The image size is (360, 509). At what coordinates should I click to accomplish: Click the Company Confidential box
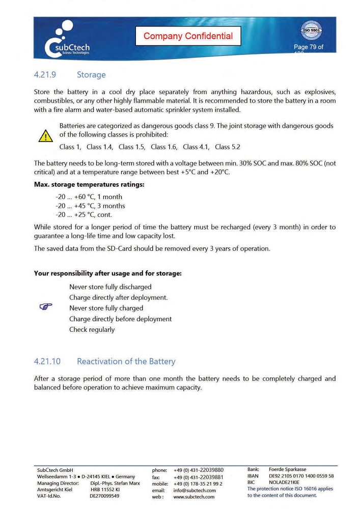188,36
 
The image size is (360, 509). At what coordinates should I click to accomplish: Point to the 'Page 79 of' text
308,47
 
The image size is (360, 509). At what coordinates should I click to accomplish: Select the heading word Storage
91,75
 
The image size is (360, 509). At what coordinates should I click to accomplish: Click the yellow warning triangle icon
46,135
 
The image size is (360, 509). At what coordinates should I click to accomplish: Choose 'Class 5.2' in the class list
228,147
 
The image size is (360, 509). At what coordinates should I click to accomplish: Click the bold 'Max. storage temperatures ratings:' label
89,184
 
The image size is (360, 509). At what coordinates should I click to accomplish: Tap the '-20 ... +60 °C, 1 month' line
89,197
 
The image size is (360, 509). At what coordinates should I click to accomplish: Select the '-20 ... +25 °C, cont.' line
84,215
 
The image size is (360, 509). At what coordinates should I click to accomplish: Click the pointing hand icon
46,307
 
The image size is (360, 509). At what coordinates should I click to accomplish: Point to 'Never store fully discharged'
110,287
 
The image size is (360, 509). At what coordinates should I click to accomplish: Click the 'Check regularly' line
92,330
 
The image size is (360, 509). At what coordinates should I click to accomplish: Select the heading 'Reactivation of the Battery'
126,361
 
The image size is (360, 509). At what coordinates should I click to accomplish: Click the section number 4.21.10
47,361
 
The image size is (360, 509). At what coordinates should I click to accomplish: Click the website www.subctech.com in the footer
194,497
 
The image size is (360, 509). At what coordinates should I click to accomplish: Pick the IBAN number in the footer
301,476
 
